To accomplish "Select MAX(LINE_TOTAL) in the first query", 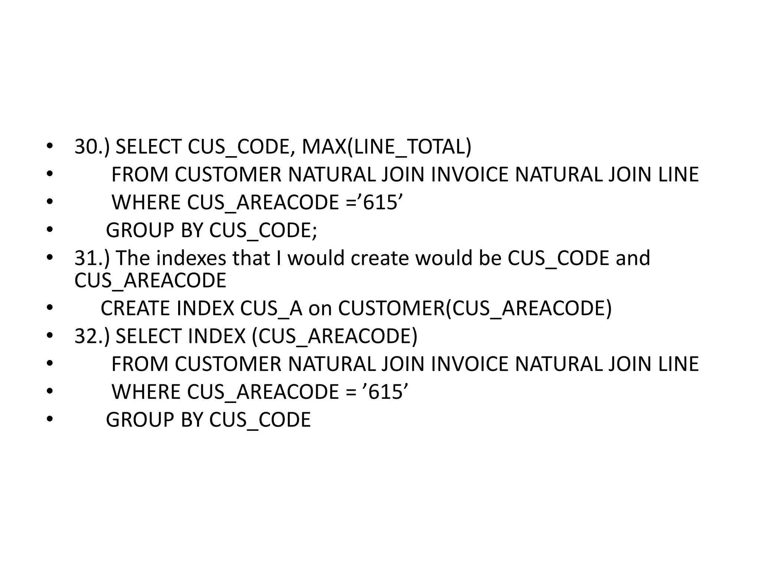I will pos(386,147).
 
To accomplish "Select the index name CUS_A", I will pos(271,308).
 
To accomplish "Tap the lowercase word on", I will pos(320,308).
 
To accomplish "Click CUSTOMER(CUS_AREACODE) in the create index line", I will pos(475,308).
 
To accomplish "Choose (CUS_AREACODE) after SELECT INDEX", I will pos(334,336).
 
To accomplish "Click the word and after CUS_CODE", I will pos(633,258).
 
